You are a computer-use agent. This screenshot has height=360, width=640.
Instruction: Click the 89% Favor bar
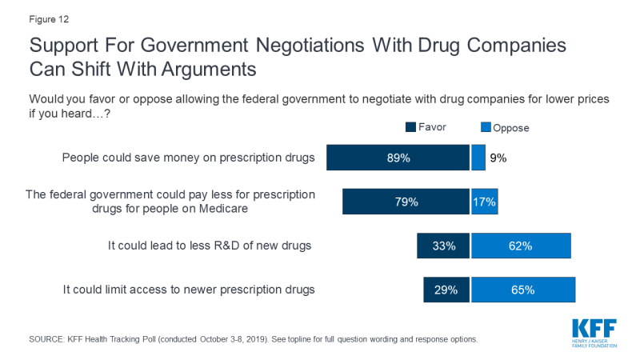click(397, 158)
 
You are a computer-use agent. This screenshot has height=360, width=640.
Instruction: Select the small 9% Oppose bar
click(478, 158)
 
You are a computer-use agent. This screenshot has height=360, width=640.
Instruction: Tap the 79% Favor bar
click(406, 202)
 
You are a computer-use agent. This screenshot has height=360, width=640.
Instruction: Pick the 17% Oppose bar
click(484, 202)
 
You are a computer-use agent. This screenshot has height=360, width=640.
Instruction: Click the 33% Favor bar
click(443, 246)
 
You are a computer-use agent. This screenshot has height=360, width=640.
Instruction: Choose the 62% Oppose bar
click(521, 246)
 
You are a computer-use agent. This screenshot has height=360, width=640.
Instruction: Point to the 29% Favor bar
click(446, 290)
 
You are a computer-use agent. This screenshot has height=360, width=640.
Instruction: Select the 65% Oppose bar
click(522, 290)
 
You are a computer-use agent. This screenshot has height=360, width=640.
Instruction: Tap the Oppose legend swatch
click(485, 127)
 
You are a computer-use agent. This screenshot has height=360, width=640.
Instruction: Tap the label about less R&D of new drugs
click(210, 246)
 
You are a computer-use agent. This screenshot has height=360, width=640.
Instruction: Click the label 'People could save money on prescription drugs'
click(189, 158)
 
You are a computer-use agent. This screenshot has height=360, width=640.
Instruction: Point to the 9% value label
click(498, 158)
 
